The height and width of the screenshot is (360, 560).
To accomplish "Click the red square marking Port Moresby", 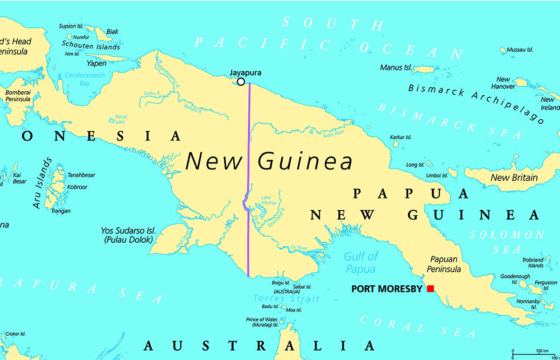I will coord(430,289).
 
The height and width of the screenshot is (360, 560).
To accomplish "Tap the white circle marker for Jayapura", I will coord(241,82).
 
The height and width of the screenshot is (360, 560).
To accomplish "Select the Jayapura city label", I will coord(245,73).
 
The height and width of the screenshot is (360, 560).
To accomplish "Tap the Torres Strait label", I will coord(286,298).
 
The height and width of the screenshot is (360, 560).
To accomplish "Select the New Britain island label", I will coord(514,177).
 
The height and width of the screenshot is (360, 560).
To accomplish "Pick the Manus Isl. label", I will coord(395,68).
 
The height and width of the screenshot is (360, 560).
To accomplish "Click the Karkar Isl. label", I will coord(400,137).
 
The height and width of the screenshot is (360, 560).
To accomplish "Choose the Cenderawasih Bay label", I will coord(84,79).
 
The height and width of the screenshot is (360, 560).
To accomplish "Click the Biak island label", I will coord(112,32).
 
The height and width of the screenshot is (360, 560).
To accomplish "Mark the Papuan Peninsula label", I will coord(445,264).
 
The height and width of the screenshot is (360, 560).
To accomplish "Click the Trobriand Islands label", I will coord(532,262).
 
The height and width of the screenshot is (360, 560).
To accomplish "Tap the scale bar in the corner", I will coord(535,351).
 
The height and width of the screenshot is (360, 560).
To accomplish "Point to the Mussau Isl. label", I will coord(519,49).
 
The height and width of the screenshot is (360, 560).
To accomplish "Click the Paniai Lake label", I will coord(121,119).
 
